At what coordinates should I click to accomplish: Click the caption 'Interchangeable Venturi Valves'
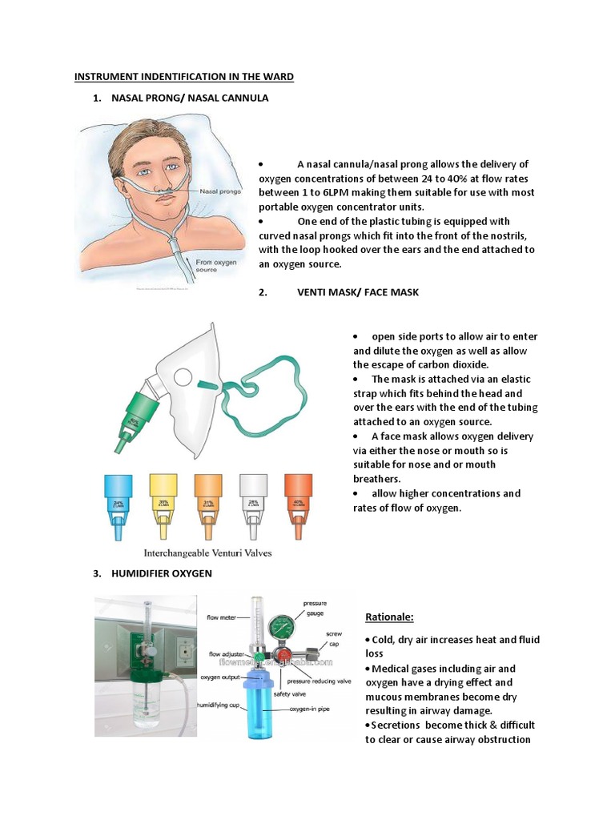pos(212,553)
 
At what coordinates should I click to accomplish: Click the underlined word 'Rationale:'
pos(391,617)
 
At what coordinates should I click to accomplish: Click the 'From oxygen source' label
pos(213,265)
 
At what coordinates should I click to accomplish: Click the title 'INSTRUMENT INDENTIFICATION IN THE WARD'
pos(184,77)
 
